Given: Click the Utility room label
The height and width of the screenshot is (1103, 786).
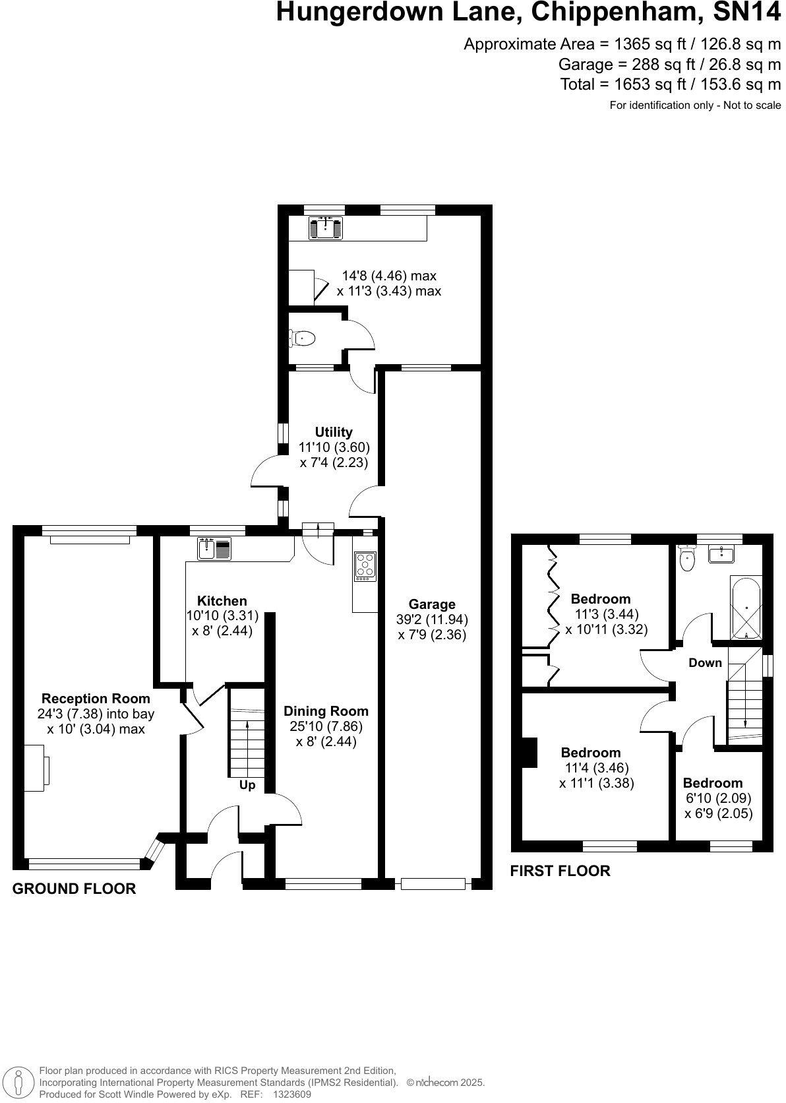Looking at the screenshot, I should click(334, 432).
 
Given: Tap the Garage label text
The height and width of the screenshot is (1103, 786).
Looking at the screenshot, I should click(432, 604).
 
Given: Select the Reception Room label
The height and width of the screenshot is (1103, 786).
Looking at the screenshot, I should click(96, 698).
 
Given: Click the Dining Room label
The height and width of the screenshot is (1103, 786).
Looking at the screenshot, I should click(326, 710).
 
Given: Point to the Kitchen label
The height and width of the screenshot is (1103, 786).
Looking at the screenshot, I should click(222, 600).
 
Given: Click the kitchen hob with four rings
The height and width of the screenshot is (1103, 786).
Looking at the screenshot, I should click(365, 566).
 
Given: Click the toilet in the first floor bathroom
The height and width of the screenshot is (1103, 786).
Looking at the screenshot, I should click(688, 559).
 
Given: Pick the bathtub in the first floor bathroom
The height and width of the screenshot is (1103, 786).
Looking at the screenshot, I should click(746, 608).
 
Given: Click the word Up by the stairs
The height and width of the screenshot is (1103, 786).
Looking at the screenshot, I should click(247, 785).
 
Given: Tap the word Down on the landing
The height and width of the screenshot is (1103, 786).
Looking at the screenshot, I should click(705, 662).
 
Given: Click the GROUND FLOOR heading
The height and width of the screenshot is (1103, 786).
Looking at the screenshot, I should click(75, 889).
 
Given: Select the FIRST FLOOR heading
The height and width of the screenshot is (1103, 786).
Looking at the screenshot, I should click(560, 871).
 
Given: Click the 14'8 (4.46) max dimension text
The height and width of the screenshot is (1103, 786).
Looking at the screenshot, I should click(389, 276).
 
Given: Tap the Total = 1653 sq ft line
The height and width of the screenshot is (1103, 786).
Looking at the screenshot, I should click(670, 84).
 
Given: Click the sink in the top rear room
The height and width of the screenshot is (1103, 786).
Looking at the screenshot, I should click(326, 228).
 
